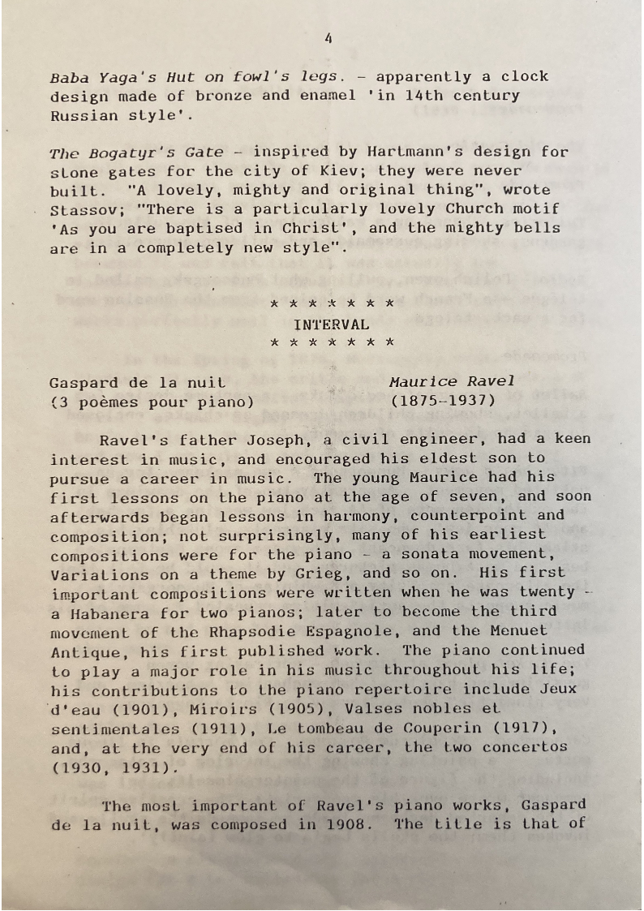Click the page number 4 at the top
click(x=328, y=37)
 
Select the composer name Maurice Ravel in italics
click(x=451, y=381)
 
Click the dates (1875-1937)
click(x=442, y=401)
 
